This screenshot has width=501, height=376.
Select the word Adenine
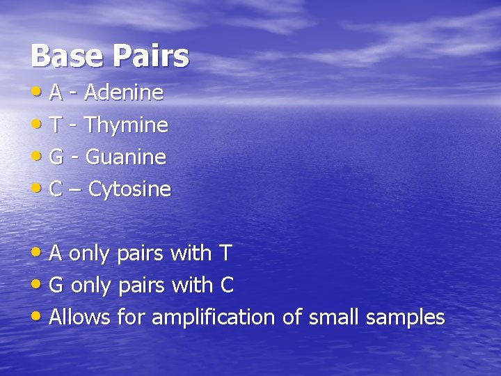pos(125,93)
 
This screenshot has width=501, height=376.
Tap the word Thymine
pos(127,125)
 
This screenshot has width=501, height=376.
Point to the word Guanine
pos(126,157)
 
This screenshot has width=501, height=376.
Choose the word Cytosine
pos(130,189)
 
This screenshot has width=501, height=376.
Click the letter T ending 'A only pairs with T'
pos(225,253)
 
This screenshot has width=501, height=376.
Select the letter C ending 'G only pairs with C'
pos(227,285)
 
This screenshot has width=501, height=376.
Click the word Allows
pos(80,318)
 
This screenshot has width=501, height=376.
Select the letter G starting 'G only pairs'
pos(57,285)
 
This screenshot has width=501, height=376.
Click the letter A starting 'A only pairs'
pos(56,253)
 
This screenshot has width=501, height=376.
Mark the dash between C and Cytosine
pos(75,190)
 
